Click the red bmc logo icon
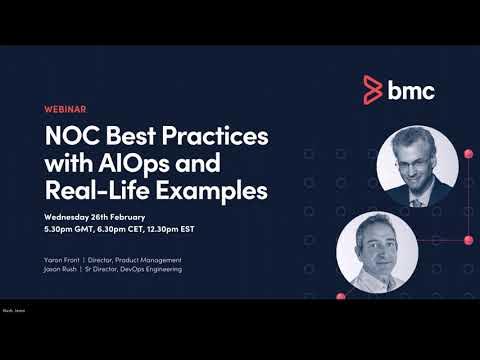point(373,90)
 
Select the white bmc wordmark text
point(411,90)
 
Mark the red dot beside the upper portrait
point(467,154)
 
